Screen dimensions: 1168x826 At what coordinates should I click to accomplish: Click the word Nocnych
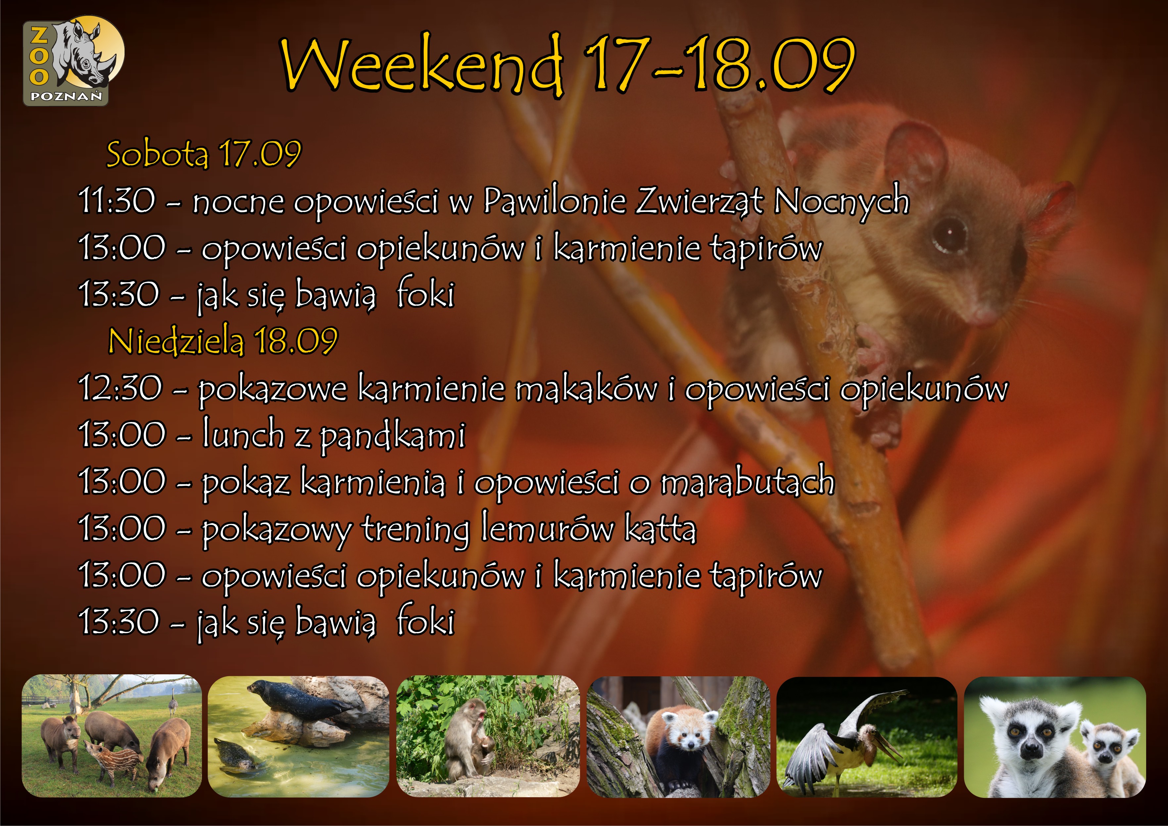(x=842, y=201)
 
